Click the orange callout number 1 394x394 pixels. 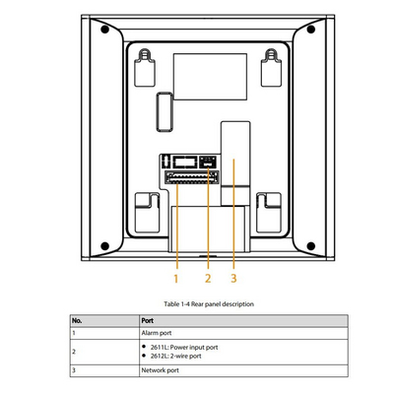pyautogui.click(x=176, y=279)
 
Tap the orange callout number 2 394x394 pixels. pyautogui.click(x=208, y=279)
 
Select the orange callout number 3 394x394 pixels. pyautogui.click(x=233, y=279)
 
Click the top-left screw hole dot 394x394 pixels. pyautogui.click(x=104, y=30)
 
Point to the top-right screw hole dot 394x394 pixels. pyautogui.click(x=311, y=30)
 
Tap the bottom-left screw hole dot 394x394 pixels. pyautogui.click(x=104, y=245)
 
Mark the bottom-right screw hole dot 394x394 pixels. pyautogui.click(x=311, y=245)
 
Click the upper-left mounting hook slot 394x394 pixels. pyautogui.click(x=145, y=68)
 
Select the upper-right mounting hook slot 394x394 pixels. pyautogui.click(x=271, y=68)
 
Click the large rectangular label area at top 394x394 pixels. pyautogui.click(x=210, y=77)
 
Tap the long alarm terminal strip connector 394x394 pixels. pyautogui.click(x=192, y=177)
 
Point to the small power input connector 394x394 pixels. pyautogui.click(x=208, y=162)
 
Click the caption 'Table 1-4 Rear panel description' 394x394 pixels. pyautogui.click(x=209, y=304)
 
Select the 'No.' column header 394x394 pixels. pyautogui.click(x=77, y=320)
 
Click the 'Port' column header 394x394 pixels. pyautogui.click(x=147, y=320)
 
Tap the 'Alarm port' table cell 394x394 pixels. pyautogui.click(x=157, y=333)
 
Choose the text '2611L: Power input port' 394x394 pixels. pyautogui.click(x=184, y=347)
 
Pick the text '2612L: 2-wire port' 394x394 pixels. pyautogui.click(x=176, y=356)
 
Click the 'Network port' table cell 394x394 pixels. pyautogui.click(x=161, y=370)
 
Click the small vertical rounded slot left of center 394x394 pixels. pyautogui.click(x=164, y=112)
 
